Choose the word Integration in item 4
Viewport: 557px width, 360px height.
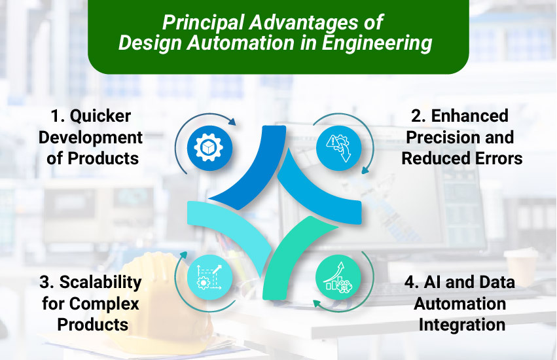pyautogui.click(x=461, y=325)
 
